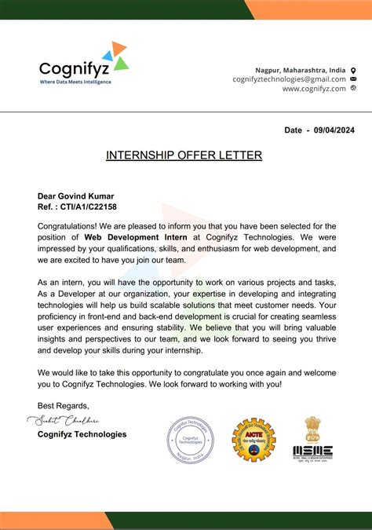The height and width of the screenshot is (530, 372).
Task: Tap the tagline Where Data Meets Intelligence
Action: coord(75,82)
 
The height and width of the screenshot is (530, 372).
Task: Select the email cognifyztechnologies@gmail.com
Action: coord(289,79)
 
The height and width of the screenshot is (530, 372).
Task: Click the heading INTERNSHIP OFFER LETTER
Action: coord(184,155)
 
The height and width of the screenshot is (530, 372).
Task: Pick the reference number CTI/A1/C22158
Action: coord(89,207)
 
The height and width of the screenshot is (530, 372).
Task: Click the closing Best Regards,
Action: coord(64,405)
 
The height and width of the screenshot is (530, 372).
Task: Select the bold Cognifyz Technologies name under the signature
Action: coord(82,434)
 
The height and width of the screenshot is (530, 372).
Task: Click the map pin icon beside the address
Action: coord(353,70)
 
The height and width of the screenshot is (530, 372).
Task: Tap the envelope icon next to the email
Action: coord(353,79)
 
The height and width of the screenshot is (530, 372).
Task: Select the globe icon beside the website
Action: coord(353,89)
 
